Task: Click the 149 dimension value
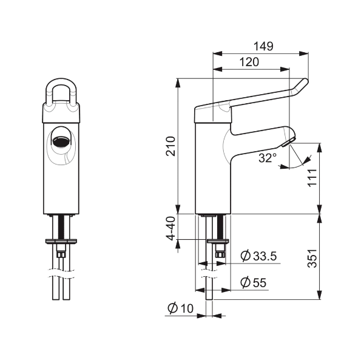click(263, 46)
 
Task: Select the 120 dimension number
click(249, 62)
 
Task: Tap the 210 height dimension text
click(170, 146)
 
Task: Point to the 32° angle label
click(268, 158)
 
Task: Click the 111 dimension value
click(312, 178)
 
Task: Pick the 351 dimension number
click(312, 258)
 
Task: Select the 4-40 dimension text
click(170, 228)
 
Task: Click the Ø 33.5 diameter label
click(258, 256)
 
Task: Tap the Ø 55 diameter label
click(253, 282)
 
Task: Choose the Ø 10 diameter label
click(180, 308)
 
